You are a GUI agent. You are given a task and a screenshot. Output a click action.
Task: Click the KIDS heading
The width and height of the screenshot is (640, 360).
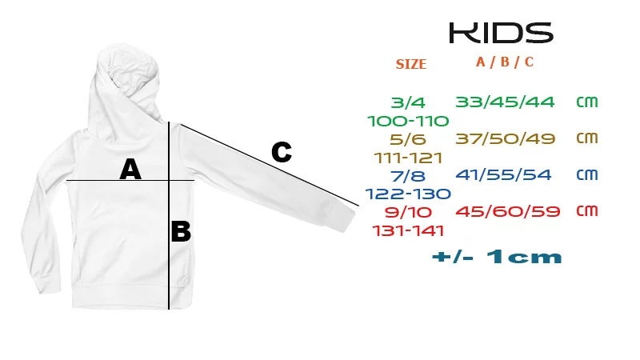pos(502,33)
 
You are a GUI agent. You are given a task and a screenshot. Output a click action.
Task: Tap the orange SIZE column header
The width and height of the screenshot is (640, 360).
pos(410,64)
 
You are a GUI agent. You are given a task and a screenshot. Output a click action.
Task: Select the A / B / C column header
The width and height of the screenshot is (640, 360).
pos(505,62)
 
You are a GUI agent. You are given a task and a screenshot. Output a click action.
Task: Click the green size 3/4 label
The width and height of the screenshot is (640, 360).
pos(408,102)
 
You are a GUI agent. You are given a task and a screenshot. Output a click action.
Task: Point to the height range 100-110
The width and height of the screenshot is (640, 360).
pos(408,122)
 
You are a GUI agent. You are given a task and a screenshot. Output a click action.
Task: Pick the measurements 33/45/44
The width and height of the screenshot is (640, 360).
pos(505,102)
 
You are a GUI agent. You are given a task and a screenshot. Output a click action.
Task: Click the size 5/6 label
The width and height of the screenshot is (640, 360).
pos(408,139)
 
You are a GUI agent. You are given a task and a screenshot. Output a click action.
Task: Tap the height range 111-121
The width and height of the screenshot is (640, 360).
pos(408,158)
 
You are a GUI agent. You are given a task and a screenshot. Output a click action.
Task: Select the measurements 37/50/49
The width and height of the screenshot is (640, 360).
pos(506,138)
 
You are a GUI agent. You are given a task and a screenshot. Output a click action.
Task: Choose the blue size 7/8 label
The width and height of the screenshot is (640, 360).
pos(408,176)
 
